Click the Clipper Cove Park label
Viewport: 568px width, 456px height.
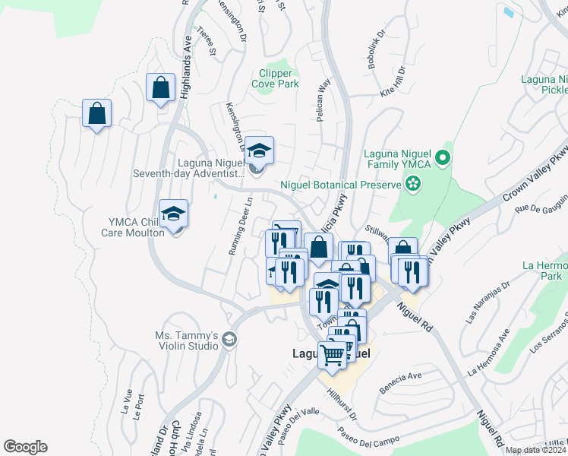[x=275, y=79]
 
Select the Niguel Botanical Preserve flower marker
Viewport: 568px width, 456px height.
[x=413, y=183]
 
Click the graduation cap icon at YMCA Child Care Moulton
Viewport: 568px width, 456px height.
[x=173, y=214]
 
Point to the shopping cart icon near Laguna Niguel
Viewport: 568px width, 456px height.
[x=333, y=354]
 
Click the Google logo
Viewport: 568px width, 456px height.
[x=25, y=447]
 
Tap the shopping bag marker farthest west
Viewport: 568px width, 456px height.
[x=96, y=113]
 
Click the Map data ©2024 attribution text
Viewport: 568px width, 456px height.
[x=534, y=450]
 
